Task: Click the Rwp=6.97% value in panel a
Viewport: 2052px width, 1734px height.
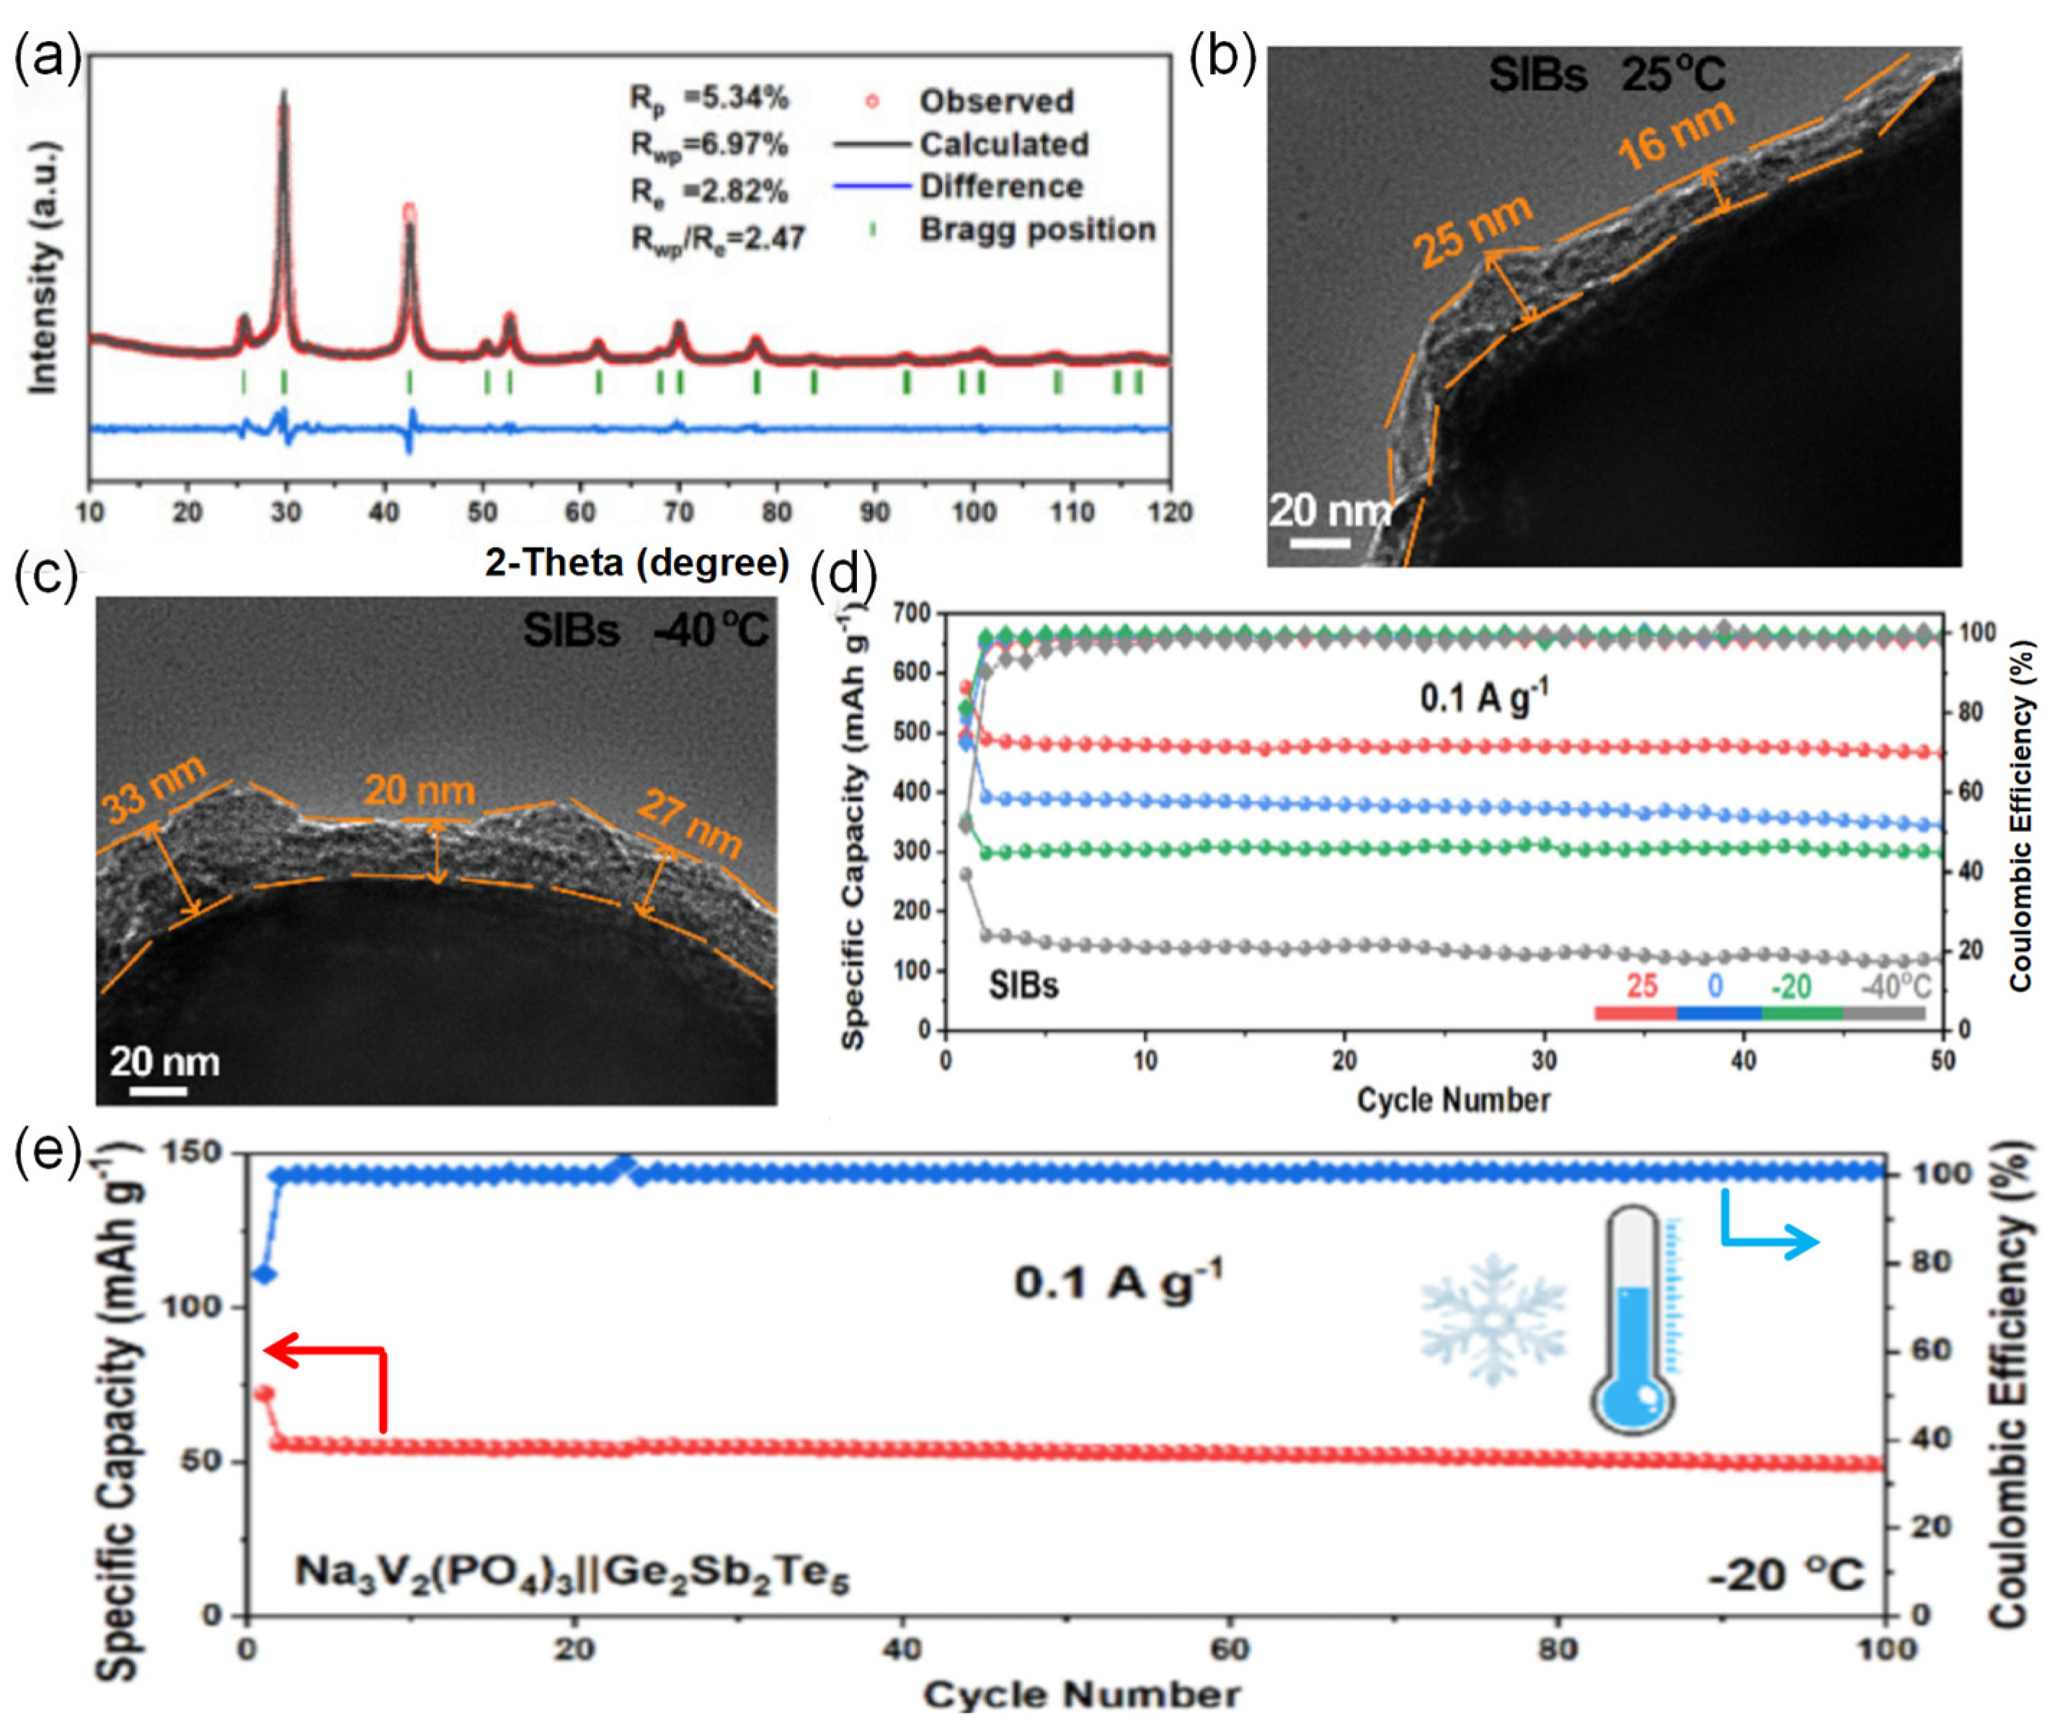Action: tap(709, 144)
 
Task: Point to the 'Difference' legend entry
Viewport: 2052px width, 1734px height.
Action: tap(1000, 187)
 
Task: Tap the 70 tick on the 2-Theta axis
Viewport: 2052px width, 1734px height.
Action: tap(678, 512)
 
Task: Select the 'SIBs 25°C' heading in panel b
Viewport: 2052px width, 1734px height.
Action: tap(1606, 75)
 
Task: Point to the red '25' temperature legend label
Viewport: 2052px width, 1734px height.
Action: tap(1641, 986)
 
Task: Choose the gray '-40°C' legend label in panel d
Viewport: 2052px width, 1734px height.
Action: tap(1895, 986)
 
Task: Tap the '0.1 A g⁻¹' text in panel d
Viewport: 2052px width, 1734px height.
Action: tap(1484, 698)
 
